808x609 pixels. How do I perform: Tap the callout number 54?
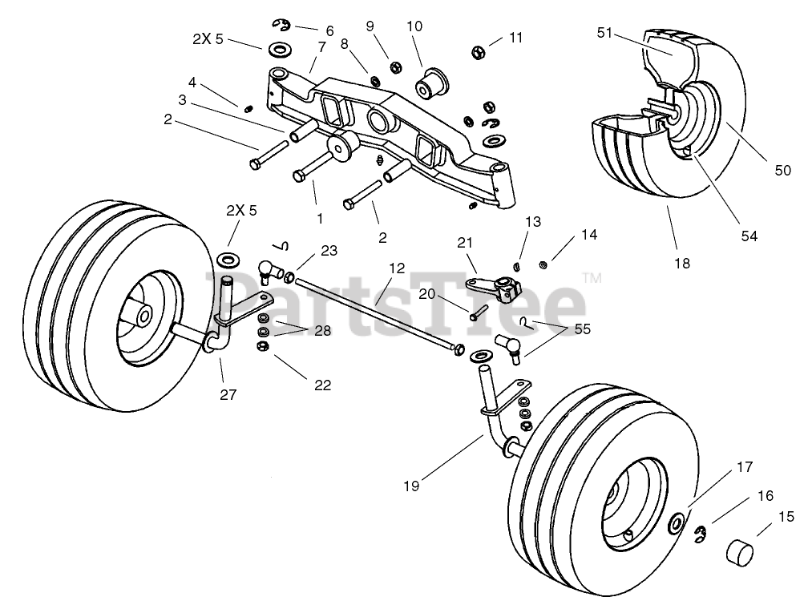749,236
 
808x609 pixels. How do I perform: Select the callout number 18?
682,263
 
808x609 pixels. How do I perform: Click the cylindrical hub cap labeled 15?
742,554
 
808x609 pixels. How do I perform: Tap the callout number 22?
321,385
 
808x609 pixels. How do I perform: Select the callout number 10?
414,26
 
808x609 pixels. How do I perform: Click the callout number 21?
466,242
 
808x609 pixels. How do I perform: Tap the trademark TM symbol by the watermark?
592,278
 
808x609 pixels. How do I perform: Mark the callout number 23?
329,250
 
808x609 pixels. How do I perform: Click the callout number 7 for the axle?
321,46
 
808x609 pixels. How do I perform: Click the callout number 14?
589,236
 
